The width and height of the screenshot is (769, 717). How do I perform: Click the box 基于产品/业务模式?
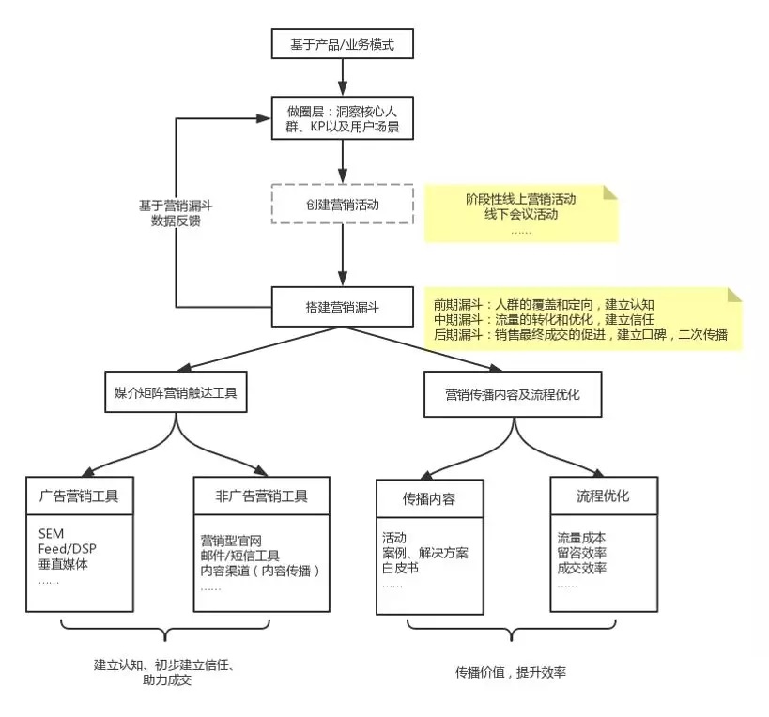(342, 44)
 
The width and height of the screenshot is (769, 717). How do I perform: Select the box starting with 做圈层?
(342, 119)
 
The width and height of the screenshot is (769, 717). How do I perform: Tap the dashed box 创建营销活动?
(342, 203)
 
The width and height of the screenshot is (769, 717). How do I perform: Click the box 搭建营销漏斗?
(342, 306)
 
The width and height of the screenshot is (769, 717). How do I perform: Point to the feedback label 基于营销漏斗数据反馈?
(176, 215)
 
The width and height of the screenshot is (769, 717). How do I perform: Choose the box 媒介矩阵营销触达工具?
(175, 394)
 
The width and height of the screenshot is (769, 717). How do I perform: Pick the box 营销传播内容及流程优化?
(513, 394)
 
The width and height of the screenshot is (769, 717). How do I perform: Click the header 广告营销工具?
(85, 496)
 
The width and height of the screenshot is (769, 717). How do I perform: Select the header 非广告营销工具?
(261, 496)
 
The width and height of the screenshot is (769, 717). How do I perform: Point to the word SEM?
(52, 533)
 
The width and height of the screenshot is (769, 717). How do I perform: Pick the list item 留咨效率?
(581, 554)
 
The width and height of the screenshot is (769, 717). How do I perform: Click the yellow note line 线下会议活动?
(520, 215)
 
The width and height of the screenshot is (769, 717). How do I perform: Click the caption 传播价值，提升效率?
(511, 673)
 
